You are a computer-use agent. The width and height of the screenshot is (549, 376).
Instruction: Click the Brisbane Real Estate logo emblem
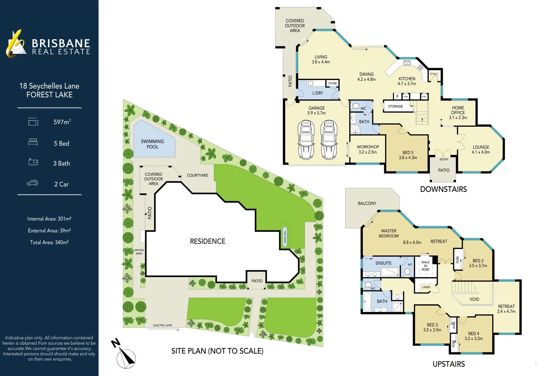[x=16, y=44]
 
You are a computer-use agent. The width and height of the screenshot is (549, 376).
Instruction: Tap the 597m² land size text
[x=62, y=122]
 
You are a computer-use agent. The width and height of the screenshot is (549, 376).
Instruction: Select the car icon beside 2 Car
[x=32, y=183]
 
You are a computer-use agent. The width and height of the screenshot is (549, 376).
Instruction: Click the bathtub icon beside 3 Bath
[x=33, y=162]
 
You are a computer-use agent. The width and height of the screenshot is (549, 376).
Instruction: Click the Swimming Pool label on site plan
[x=152, y=144]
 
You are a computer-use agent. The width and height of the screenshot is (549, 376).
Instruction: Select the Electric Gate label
[x=163, y=325]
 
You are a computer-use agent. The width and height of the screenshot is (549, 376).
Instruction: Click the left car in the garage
[x=306, y=139]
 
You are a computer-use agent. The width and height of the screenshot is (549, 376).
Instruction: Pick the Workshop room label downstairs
[x=368, y=149]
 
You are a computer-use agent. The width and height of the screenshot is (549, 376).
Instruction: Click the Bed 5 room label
[x=408, y=155]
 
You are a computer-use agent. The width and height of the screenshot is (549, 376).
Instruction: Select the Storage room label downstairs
[x=395, y=107]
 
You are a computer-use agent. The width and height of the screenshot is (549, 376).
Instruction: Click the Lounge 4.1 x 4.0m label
[x=481, y=149]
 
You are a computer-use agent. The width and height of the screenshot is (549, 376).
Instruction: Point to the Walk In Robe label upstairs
[x=425, y=266]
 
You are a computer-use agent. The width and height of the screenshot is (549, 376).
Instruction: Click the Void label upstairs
[x=474, y=299]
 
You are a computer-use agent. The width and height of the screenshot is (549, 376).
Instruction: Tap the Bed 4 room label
[x=473, y=336]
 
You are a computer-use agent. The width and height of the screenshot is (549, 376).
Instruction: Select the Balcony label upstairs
[x=367, y=203]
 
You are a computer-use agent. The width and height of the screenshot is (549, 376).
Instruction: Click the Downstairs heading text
[x=443, y=189]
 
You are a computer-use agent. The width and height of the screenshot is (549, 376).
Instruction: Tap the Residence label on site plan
[x=208, y=241]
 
